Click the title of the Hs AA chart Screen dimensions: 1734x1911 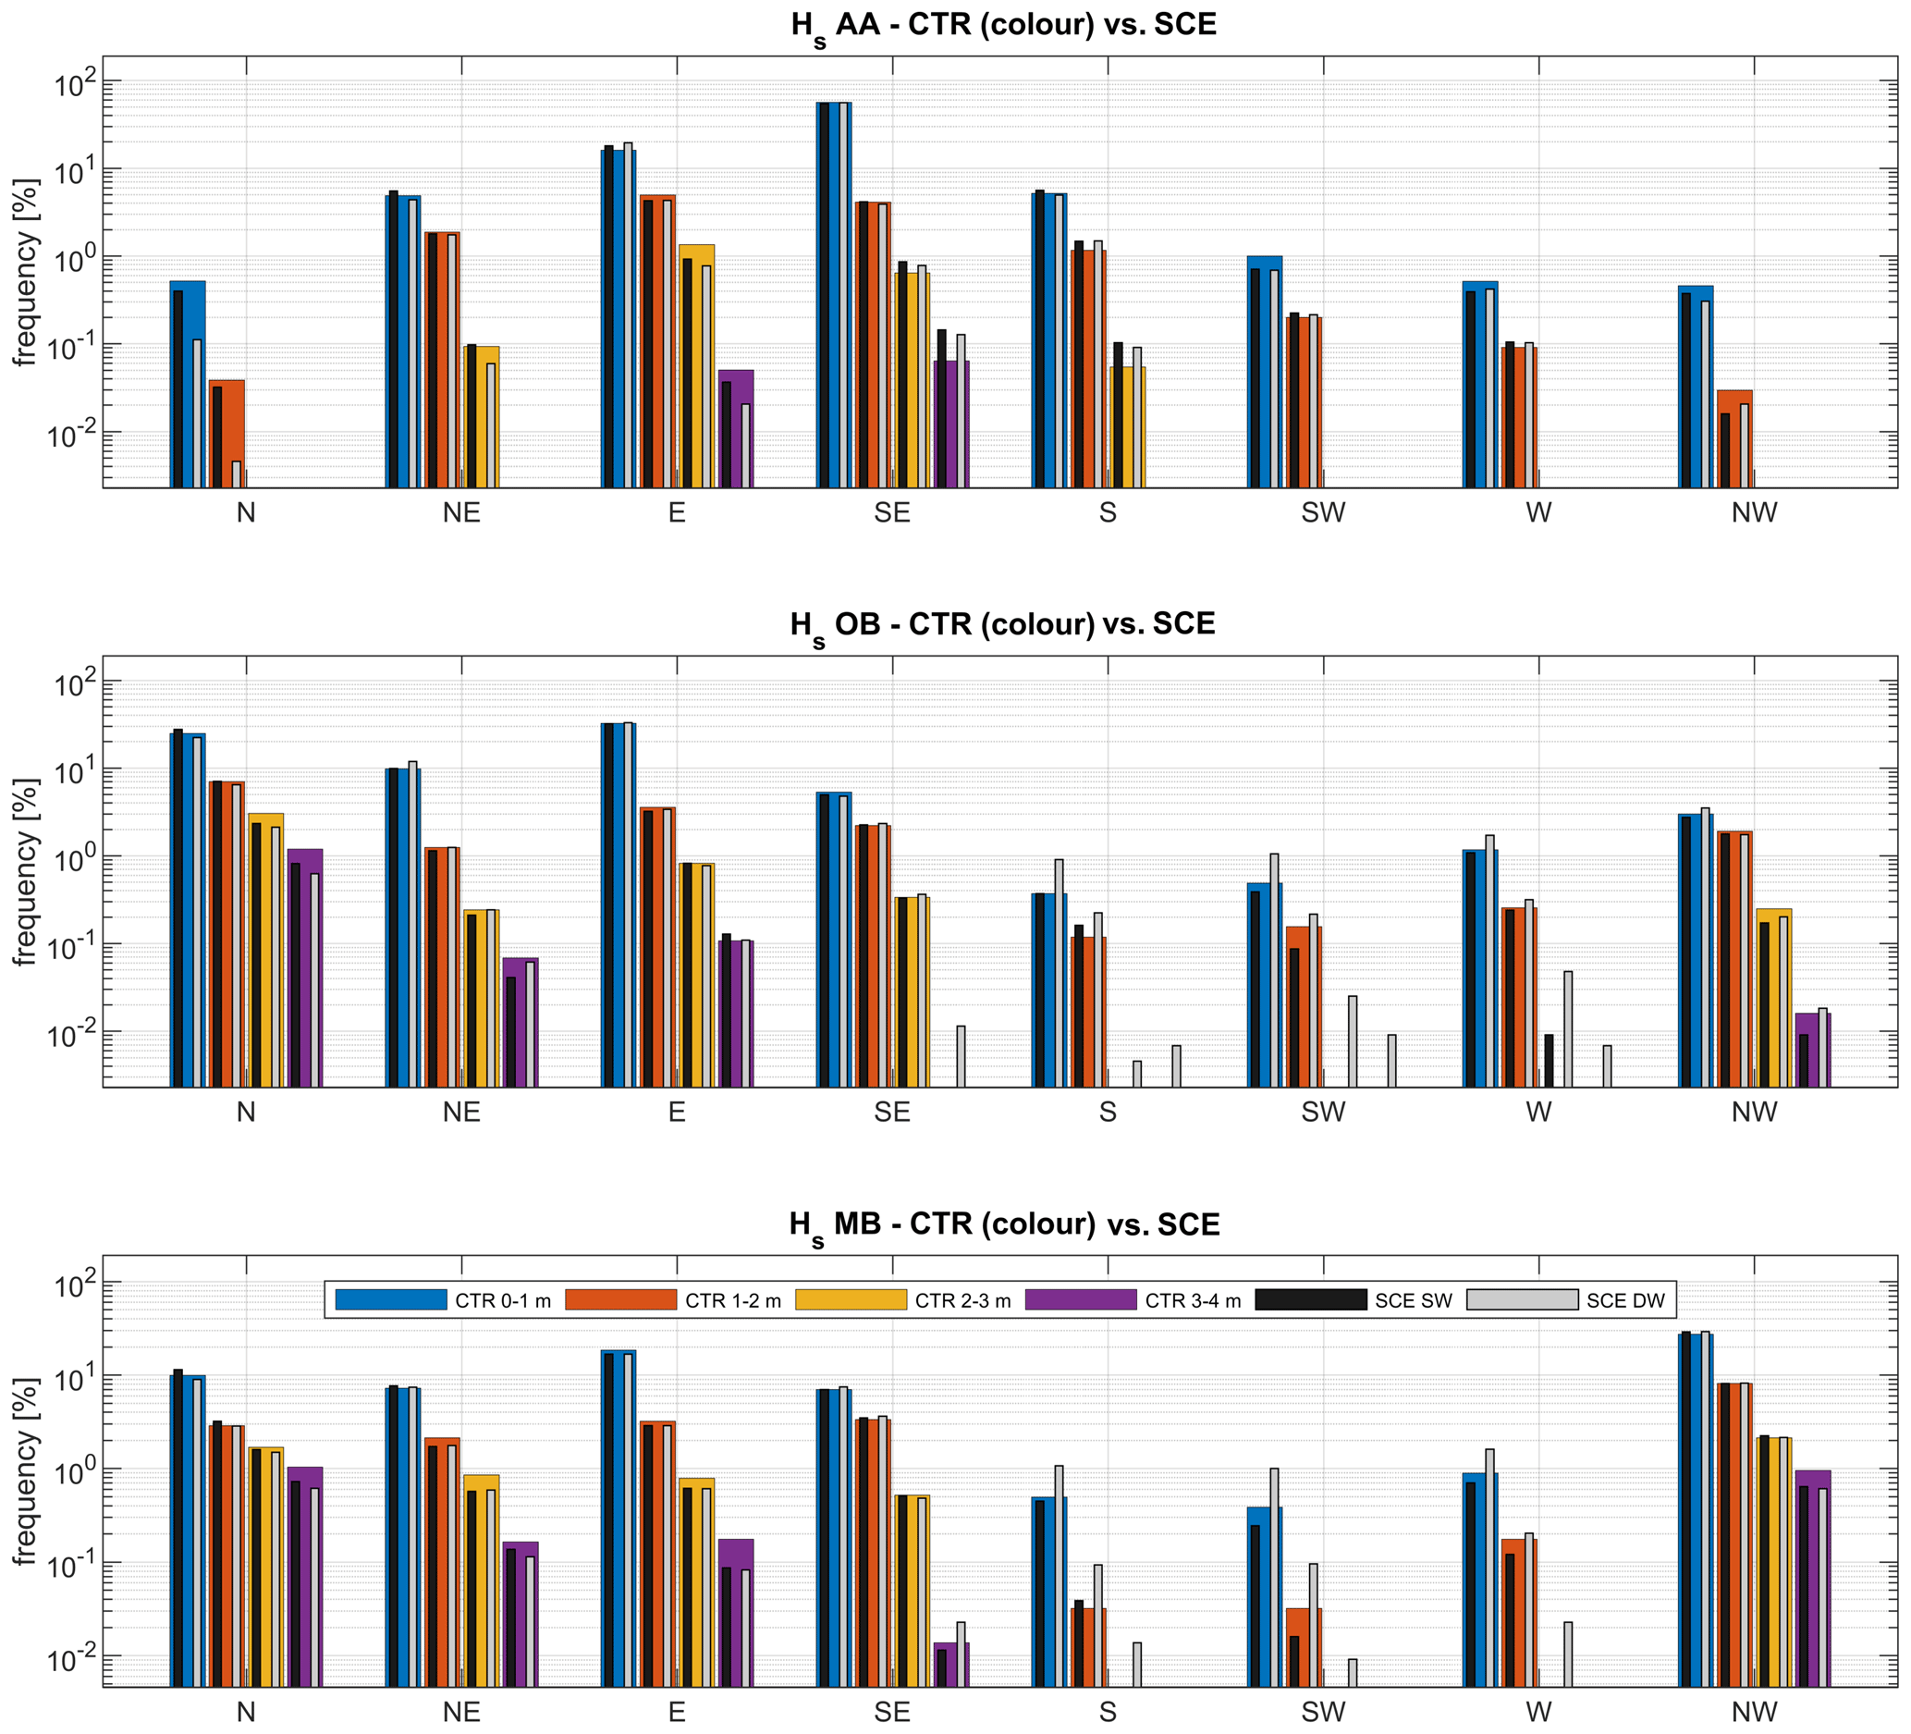point(1003,26)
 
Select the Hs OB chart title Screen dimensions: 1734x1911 point(1002,626)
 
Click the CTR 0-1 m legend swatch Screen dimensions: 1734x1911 point(390,1299)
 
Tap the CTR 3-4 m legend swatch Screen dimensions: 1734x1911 point(1081,1299)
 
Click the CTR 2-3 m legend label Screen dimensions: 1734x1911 point(962,1301)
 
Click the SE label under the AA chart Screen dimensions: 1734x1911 point(892,513)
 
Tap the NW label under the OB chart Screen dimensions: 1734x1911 point(1754,1113)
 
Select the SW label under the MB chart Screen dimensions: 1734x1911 point(1322,1712)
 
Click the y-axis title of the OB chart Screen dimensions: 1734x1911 point(25,872)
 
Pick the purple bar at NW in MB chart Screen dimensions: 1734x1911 point(1812,1581)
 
